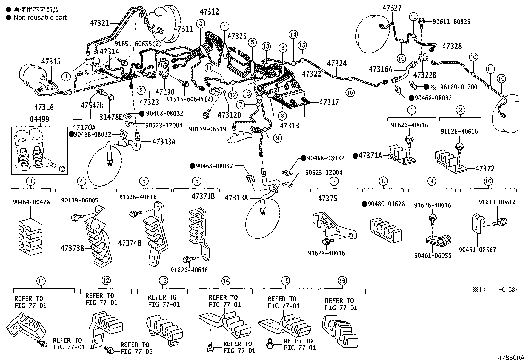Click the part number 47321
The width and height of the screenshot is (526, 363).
99,23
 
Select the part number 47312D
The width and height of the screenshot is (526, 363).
229,115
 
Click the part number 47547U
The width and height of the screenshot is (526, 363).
92,105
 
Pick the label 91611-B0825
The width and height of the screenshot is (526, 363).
451,22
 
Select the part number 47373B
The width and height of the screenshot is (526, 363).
72,248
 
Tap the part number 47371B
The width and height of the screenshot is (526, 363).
203,196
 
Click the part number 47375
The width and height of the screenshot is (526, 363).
327,198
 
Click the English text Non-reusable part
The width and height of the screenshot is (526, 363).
40,18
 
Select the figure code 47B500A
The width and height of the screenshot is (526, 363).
511,358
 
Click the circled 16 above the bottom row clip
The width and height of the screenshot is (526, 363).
342,281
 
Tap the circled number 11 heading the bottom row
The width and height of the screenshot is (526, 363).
40,281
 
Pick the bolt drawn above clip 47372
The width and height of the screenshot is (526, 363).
458,146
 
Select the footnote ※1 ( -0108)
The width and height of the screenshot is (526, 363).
494,289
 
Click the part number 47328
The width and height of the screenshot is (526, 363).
452,46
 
